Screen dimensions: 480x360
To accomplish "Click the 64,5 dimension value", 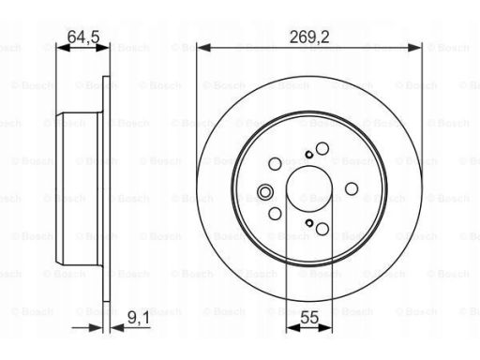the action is pyautogui.click(x=83, y=37).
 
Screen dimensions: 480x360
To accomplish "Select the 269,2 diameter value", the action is pyautogui.click(x=309, y=37).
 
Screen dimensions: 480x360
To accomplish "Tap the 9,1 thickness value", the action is pyautogui.click(x=139, y=318).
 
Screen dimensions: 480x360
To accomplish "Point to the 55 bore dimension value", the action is pyautogui.click(x=309, y=318).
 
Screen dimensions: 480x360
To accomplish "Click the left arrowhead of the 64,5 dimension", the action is pyautogui.click(x=63, y=48).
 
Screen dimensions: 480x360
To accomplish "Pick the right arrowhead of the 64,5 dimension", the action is pyautogui.click(x=103, y=48).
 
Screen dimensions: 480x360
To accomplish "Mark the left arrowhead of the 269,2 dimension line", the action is pyautogui.click(x=204, y=48).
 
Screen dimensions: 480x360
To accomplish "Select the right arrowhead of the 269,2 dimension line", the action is pyautogui.click(x=414, y=48).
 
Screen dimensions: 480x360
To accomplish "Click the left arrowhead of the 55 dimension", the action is pyautogui.click(x=293, y=327).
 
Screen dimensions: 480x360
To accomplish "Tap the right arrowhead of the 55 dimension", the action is pyautogui.click(x=325, y=327).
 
